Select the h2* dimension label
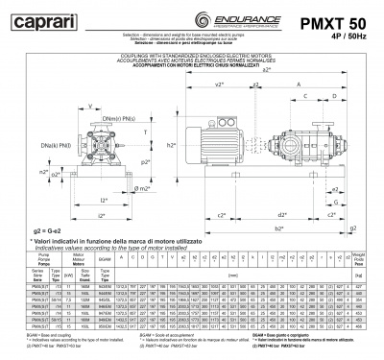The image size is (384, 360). pyautogui.click(x=170, y=145)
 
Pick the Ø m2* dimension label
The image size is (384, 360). pyautogui.click(x=143, y=189)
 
